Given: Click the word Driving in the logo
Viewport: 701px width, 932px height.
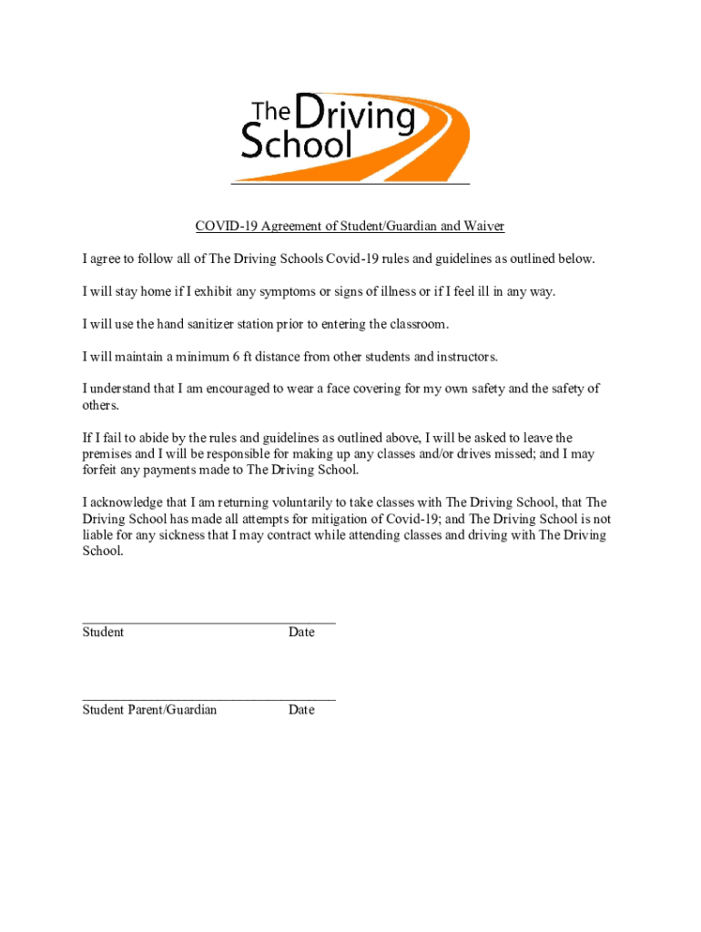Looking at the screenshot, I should click(x=355, y=116).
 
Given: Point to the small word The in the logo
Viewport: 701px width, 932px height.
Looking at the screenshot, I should click(x=269, y=111).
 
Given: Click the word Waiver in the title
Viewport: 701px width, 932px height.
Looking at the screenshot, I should click(x=484, y=226).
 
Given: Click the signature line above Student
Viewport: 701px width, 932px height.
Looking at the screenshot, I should click(x=208, y=623).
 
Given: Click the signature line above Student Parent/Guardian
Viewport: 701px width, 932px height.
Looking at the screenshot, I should click(x=208, y=701).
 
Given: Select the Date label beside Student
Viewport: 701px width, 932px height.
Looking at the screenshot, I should click(x=301, y=633).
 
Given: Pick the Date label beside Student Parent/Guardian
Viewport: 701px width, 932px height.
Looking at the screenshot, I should click(x=301, y=710).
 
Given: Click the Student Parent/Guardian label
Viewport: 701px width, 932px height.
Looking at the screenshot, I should click(x=149, y=710).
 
